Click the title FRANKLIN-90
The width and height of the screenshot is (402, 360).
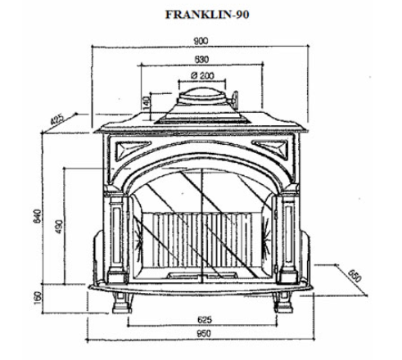click(x=207, y=15)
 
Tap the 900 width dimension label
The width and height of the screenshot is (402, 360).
click(x=201, y=41)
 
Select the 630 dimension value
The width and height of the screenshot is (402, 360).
click(x=201, y=59)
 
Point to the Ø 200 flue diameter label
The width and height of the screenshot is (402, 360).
click(x=202, y=75)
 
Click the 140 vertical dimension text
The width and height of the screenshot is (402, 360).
click(x=147, y=103)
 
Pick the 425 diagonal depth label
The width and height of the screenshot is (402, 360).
click(x=57, y=119)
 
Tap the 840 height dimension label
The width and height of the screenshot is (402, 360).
click(x=37, y=216)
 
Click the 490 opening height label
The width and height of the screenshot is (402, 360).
click(x=59, y=227)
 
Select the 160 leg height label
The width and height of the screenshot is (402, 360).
click(x=38, y=296)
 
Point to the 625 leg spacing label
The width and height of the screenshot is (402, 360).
click(x=205, y=319)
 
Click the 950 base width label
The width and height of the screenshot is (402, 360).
click(x=204, y=333)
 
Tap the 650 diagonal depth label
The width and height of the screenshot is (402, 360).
click(x=355, y=276)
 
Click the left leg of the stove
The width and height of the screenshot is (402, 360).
click(x=122, y=303)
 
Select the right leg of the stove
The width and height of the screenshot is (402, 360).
click(x=283, y=303)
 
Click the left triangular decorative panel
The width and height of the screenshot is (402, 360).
click(x=132, y=150)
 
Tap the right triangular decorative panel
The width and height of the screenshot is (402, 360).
click(x=271, y=149)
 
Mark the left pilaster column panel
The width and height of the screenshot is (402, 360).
click(x=116, y=235)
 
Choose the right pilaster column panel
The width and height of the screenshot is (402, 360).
click(x=288, y=234)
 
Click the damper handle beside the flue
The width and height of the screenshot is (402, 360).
click(x=234, y=99)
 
